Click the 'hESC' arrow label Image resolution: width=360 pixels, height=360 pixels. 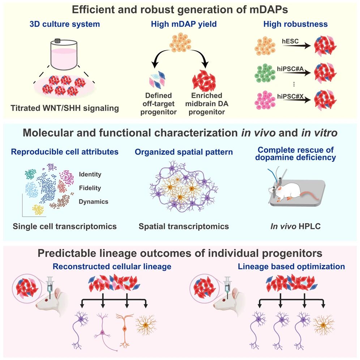pyautogui.click(x=290, y=41)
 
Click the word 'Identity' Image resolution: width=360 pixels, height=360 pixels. pyautogui.click(x=90, y=175)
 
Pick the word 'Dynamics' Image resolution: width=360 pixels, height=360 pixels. pyautogui.click(x=93, y=202)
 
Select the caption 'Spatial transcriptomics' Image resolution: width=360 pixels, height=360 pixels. pyautogui.click(x=184, y=227)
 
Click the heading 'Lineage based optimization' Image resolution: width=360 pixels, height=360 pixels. pyautogui.click(x=291, y=267)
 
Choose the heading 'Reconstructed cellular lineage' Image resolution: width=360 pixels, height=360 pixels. pyautogui.click(x=112, y=267)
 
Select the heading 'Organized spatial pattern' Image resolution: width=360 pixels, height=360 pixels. pyautogui.click(x=184, y=152)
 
